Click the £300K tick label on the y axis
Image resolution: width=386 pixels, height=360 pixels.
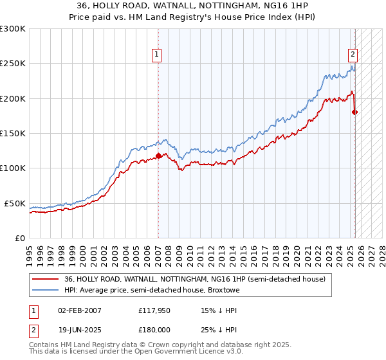pos(13,29)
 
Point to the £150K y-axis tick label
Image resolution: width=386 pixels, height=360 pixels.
pos(13,133)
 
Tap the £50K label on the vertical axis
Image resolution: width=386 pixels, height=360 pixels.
pos(15,203)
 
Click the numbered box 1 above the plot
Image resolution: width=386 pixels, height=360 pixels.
pos(158,55)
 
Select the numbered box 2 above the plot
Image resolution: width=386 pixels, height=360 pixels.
pos(353,55)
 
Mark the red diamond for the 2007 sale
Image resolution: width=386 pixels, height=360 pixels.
pos(158,155)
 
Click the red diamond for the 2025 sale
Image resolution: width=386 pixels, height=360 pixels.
pos(355,112)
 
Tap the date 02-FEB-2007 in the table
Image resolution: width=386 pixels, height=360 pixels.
pos(80,310)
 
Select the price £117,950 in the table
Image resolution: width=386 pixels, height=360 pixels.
pos(154,310)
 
